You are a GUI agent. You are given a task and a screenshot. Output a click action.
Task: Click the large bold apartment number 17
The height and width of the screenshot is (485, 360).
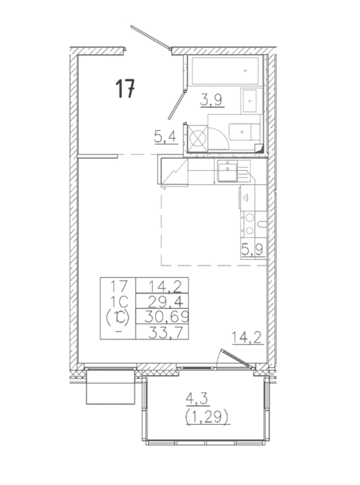[125, 89]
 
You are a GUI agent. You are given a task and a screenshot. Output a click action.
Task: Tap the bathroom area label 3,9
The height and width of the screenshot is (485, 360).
[213, 100]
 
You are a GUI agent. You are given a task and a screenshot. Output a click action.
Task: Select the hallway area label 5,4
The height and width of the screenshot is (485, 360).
[166, 136]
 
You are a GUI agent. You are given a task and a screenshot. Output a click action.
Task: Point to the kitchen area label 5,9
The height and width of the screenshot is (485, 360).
[253, 250]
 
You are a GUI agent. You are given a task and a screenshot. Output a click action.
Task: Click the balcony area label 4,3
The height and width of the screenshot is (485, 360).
[197, 400]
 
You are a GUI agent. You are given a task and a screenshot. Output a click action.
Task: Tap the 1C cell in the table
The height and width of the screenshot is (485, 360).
[119, 301]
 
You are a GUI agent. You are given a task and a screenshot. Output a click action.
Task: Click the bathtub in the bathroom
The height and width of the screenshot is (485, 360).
[225, 71]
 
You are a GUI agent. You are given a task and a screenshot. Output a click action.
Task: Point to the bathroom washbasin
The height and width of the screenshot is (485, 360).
[249, 101]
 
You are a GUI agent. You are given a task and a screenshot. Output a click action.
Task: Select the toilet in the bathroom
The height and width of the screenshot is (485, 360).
[244, 132]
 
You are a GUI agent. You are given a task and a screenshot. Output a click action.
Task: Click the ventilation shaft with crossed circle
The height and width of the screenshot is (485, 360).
[197, 138]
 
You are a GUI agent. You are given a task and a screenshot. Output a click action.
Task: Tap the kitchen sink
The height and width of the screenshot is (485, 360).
[228, 170]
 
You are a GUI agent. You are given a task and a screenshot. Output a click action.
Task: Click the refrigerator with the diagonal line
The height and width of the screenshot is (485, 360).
[174, 172]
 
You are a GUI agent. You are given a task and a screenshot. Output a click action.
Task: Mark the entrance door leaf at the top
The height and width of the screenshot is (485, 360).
[150, 37]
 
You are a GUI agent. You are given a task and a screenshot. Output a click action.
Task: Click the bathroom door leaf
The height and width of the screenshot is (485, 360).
[176, 105]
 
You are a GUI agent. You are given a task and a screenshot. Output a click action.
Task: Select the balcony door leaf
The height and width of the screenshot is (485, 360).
[237, 358]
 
